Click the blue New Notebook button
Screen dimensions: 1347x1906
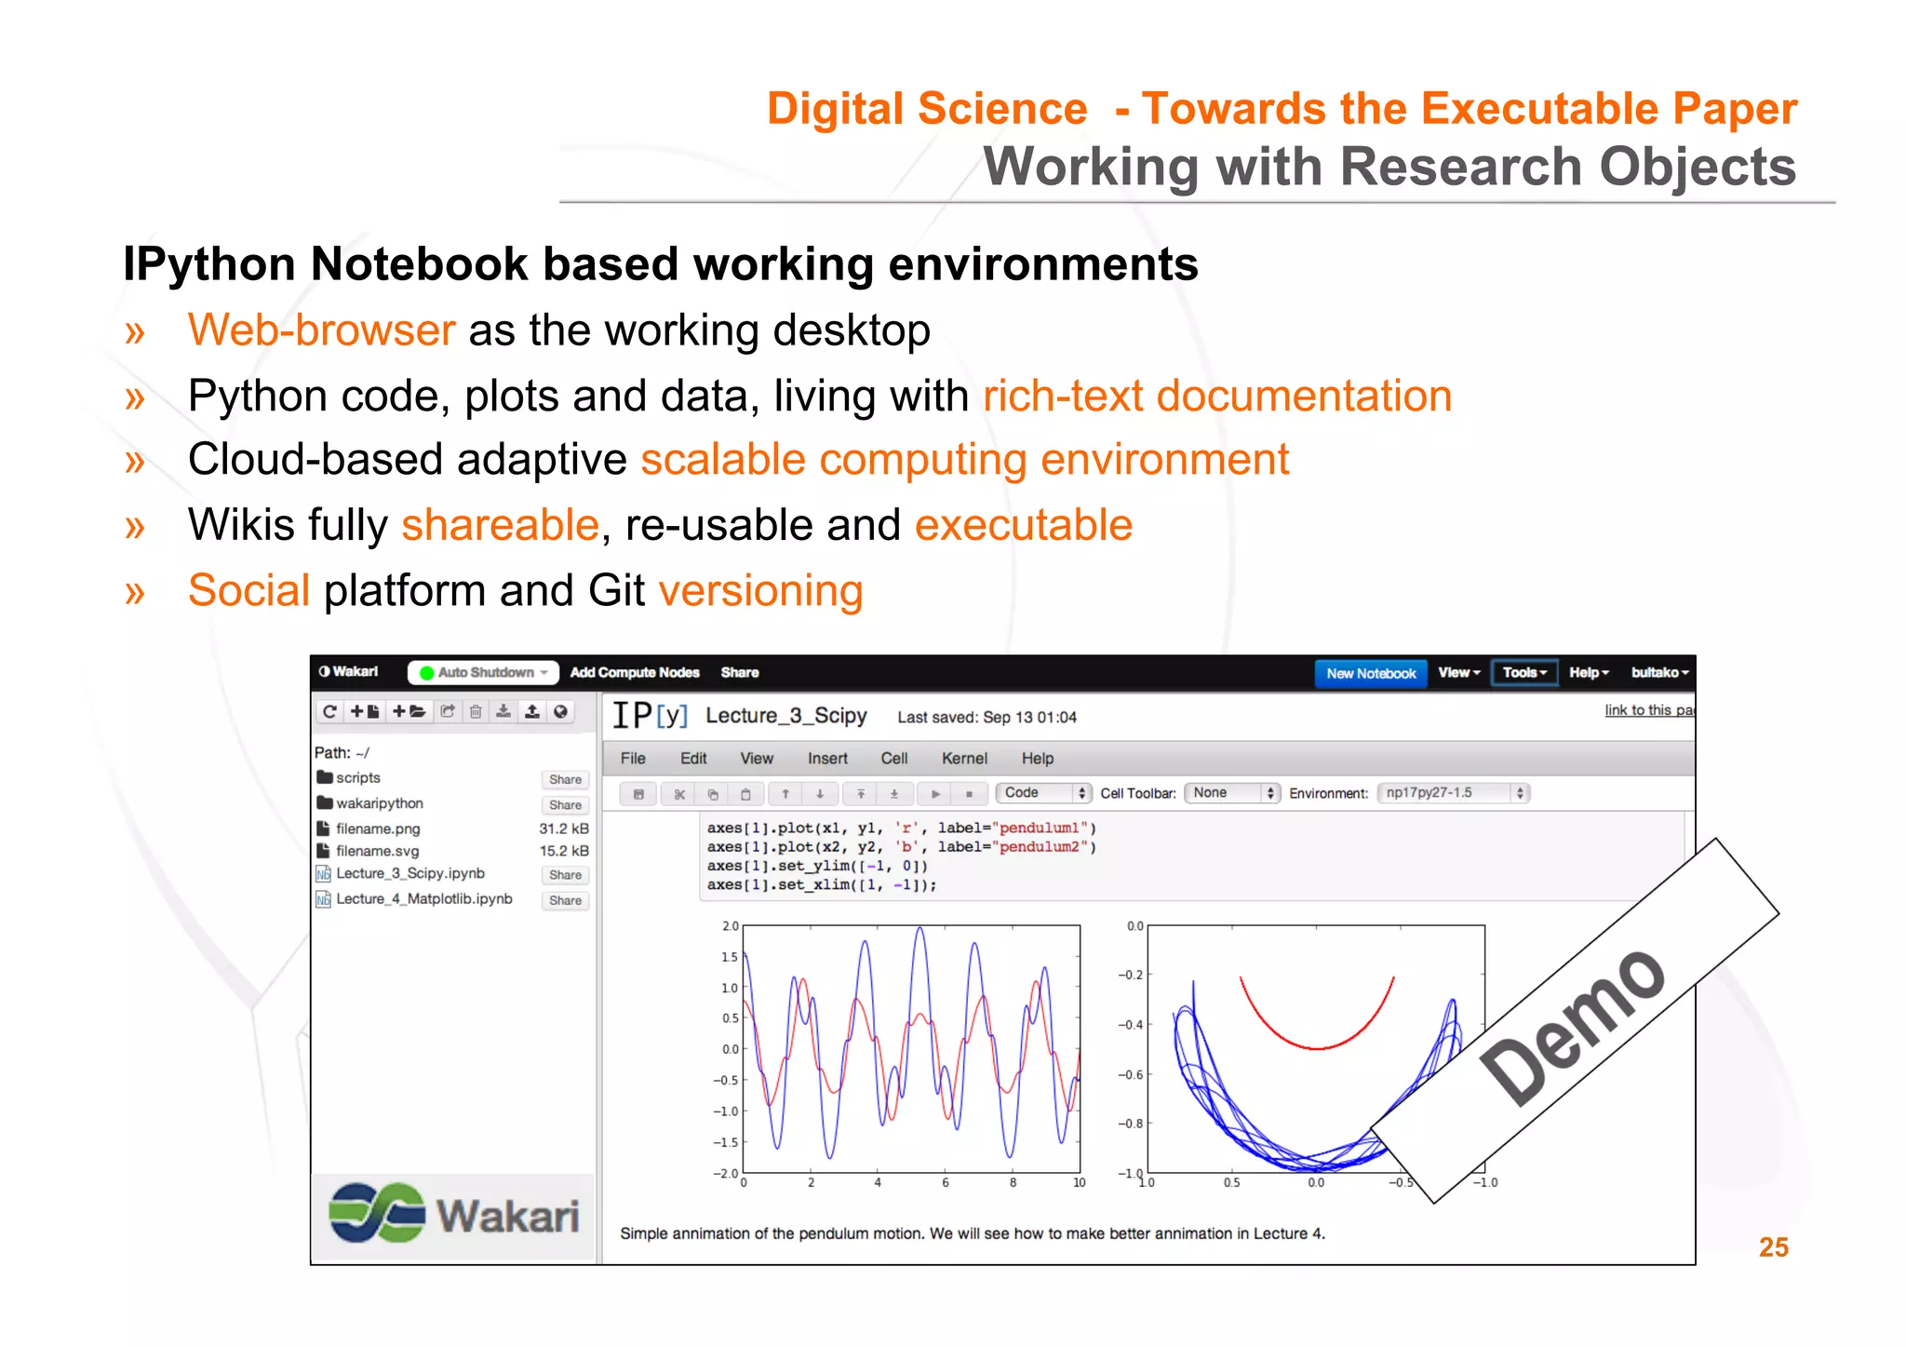tap(1370, 673)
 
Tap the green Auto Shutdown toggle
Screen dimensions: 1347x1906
tap(483, 672)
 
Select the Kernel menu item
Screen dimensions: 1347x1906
tap(963, 759)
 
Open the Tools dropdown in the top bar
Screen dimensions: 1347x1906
tap(1523, 672)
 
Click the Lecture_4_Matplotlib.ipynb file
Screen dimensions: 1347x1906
tap(423, 899)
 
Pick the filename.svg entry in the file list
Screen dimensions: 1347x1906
tap(377, 851)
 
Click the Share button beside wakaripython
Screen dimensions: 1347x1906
tap(565, 805)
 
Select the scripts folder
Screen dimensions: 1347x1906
tap(357, 778)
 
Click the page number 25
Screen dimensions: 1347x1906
tap(1773, 1247)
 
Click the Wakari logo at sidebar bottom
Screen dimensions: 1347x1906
tap(453, 1214)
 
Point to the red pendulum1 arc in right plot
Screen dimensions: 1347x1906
tap(1317, 1046)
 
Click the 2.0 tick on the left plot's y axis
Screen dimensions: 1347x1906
tap(730, 926)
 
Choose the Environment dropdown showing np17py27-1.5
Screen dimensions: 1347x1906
tap(1452, 793)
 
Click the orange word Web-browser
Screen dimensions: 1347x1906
tap(321, 330)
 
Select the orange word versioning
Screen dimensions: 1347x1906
tap(760, 591)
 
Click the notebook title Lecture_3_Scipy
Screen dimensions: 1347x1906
tap(785, 716)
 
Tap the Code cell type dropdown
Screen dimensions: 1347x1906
tap(1042, 793)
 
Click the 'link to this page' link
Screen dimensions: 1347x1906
tap(1648, 710)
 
